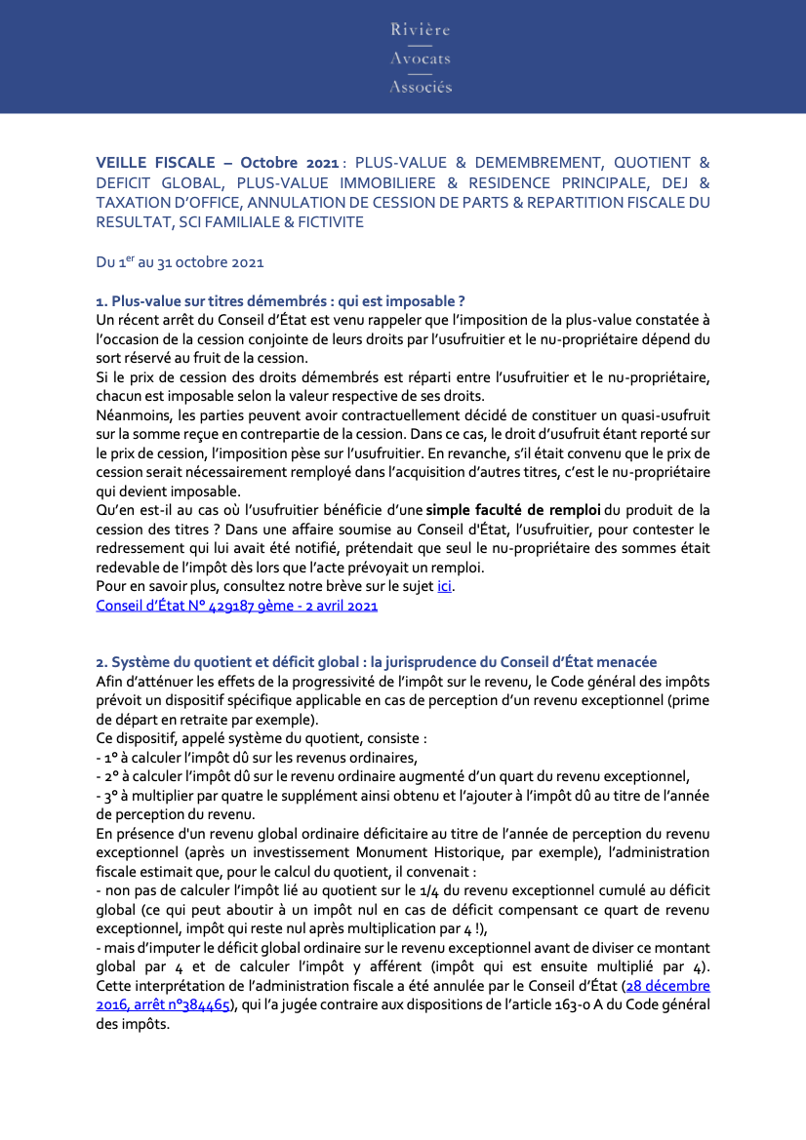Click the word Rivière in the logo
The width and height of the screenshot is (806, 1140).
click(421, 30)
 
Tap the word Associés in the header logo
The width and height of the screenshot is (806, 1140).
click(421, 87)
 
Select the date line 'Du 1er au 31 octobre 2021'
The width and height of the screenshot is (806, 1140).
click(180, 262)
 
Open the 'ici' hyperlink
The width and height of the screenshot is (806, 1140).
click(444, 586)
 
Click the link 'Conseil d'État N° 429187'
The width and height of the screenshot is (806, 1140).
click(236, 606)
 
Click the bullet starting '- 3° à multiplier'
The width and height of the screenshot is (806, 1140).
click(402, 796)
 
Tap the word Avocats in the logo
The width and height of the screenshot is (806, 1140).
click(421, 59)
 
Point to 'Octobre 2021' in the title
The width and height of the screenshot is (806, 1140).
click(290, 162)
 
